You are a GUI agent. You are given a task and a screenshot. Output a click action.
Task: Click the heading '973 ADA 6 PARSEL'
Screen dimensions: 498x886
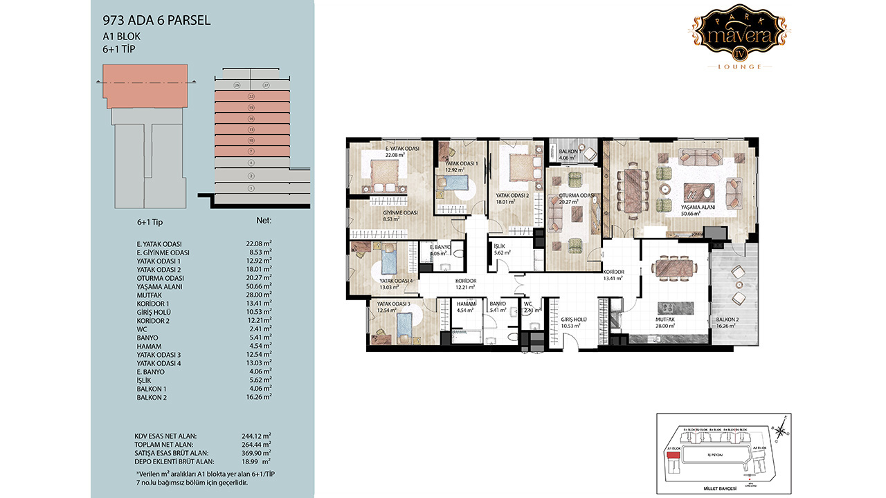pos(156,21)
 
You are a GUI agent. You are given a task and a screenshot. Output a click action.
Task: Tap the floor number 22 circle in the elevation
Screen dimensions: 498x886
pos(251,97)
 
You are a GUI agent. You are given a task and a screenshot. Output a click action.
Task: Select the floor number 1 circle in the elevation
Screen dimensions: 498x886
pos(251,188)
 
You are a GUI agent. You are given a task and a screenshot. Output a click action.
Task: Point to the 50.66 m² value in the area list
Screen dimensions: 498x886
pos(257,286)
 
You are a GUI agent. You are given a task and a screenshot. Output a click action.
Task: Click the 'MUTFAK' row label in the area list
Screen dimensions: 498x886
pos(149,295)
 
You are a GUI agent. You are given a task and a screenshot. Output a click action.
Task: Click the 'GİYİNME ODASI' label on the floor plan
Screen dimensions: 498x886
pos(400,212)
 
